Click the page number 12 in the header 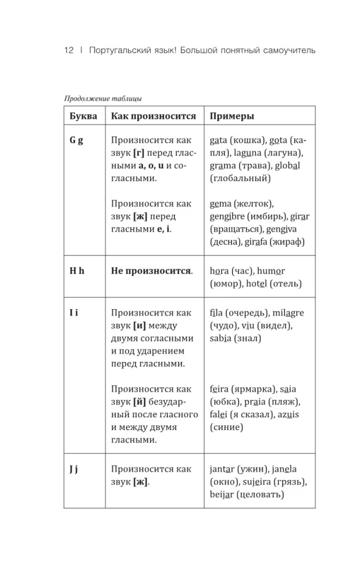(x=69, y=51)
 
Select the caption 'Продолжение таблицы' (x=103, y=98)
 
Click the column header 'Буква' (x=83, y=116)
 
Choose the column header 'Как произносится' (x=154, y=116)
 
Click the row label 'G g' (x=76, y=141)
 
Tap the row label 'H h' (x=77, y=271)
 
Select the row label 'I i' (x=74, y=313)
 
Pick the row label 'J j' (x=74, y=469)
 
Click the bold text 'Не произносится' (x=151, y=271)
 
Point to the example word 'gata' (x=219, y=141)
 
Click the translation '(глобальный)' (x=240, y=179)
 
